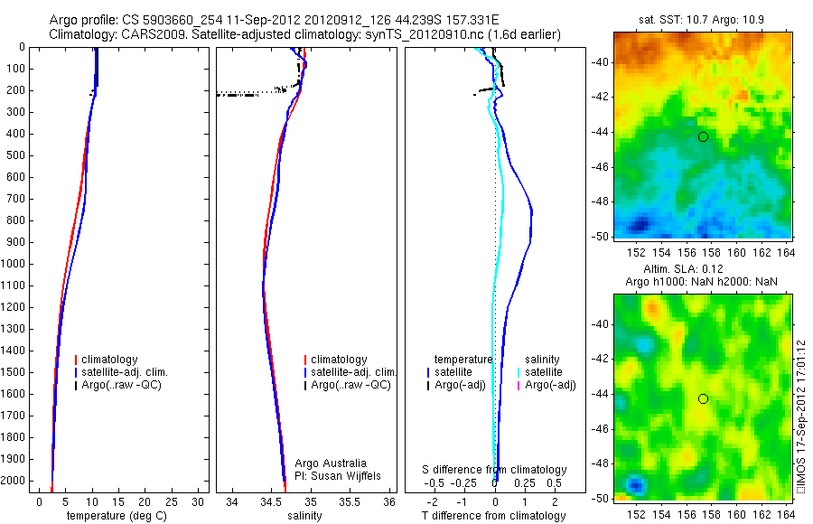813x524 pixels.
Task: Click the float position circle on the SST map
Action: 703,136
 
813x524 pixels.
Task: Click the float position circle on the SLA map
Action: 703,398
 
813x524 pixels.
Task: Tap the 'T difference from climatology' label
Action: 493,516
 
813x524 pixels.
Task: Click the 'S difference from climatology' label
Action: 494,470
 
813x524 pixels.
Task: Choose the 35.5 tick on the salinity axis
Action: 352,501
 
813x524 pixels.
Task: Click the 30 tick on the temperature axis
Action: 201,501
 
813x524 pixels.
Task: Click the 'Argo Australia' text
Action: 331,463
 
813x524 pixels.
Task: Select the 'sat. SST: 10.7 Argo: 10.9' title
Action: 700,19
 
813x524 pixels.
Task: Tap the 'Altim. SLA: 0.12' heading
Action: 701,270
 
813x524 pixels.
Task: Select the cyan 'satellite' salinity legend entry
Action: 542,372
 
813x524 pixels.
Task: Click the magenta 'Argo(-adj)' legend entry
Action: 550,385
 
